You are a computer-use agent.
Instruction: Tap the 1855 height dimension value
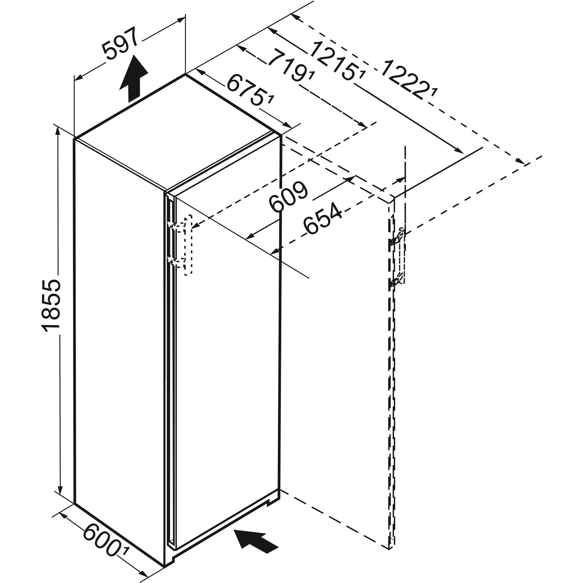tap(51, 304)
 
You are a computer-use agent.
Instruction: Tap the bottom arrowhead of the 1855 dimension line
tap(60, 489)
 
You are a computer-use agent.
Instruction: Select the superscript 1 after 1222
tap(434, 94)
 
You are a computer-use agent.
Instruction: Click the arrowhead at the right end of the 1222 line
tap(520, 162)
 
